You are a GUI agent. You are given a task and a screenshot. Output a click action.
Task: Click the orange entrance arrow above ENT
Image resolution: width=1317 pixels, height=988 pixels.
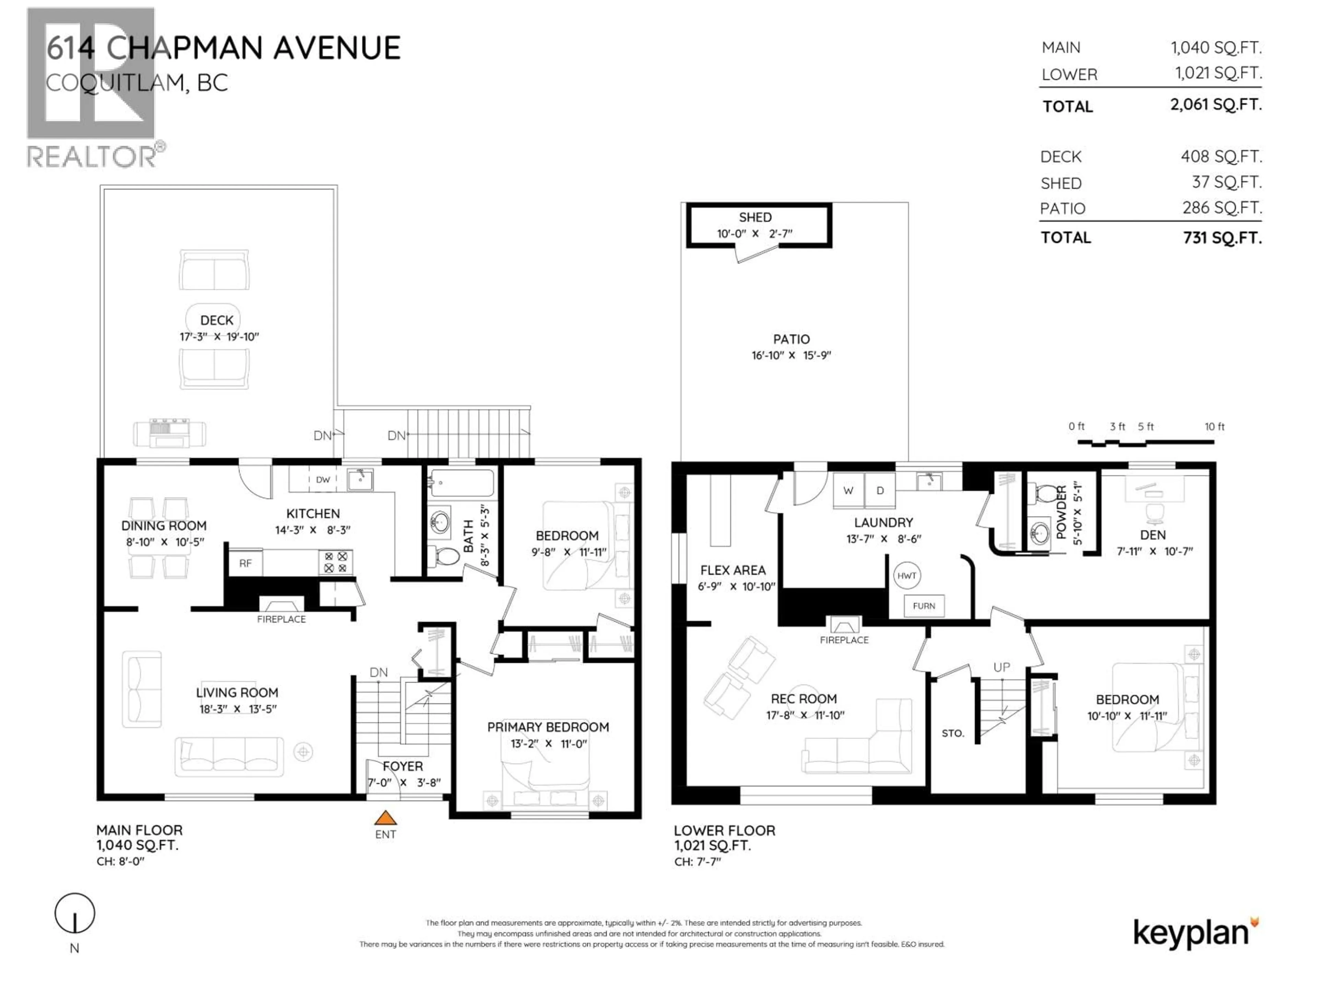[385, 818]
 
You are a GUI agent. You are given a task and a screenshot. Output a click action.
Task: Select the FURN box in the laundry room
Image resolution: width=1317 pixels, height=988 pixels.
[924, 605]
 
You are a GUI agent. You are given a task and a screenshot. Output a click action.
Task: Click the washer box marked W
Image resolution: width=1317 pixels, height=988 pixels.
[849, 490]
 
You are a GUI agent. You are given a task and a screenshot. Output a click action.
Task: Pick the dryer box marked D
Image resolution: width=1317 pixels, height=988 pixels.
[880, 490]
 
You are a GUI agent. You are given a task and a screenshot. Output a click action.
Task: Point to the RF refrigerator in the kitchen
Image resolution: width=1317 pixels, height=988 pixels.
[245, 563]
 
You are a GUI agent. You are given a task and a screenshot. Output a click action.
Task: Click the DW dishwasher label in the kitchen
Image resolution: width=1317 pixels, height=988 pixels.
[323, 479]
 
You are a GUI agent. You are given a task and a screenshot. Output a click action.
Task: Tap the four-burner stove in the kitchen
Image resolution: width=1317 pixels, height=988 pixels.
[336, 562]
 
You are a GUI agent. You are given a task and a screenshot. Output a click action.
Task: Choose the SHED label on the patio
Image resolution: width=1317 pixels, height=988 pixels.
[755, 217]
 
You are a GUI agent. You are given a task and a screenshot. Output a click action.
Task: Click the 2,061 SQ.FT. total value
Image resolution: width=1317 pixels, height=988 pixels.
[1215, 105]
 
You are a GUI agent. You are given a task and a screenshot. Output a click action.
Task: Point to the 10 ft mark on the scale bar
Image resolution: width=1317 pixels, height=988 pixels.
[1214, 426]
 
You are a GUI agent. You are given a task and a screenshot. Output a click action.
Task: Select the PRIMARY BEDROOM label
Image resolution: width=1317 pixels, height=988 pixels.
[548, 727]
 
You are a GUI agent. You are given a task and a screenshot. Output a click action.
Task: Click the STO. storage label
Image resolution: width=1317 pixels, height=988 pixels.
[953, 733]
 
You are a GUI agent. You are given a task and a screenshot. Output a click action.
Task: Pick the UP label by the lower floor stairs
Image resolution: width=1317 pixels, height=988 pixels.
[1001, 667]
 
